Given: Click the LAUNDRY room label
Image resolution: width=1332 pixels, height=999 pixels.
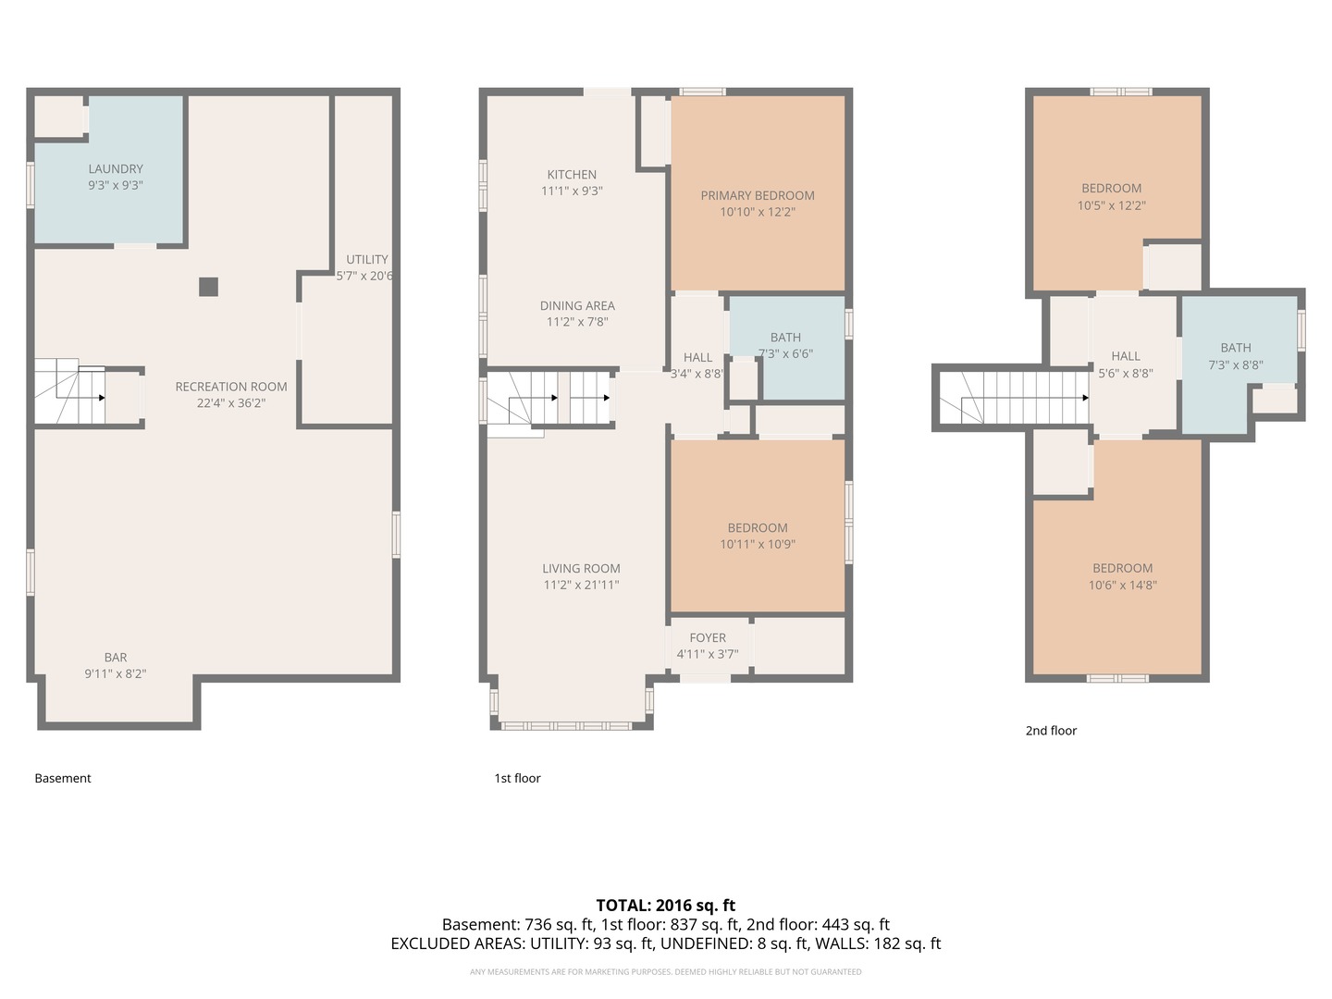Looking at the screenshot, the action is (116, 168).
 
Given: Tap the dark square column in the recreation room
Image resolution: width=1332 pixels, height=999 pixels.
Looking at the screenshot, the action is (208, 287).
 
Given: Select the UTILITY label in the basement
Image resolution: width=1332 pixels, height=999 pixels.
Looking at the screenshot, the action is (366, 260).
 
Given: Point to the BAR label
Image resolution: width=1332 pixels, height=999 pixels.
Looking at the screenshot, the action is (116, 658).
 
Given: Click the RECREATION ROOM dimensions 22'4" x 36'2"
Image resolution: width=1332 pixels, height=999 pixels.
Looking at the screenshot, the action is (230, 402).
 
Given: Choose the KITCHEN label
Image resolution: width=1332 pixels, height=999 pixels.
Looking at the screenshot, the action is (572, 175).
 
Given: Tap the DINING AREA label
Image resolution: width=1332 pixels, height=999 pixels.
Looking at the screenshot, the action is (577, 305).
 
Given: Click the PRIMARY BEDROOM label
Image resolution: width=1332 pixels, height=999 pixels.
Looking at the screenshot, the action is (758, 195).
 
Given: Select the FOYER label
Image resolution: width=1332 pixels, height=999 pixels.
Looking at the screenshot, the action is (708, 637).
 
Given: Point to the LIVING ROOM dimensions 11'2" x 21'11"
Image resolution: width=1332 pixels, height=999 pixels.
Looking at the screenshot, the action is (581, 585).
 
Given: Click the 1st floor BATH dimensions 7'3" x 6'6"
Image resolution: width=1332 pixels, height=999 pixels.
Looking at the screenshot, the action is (785, 353).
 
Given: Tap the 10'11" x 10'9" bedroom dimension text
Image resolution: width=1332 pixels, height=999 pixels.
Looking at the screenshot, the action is (758, 544).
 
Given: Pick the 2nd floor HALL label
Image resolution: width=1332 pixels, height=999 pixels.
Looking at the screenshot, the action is (1125, 356).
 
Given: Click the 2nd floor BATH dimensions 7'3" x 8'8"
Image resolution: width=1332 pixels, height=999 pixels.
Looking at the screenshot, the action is (1236, 364).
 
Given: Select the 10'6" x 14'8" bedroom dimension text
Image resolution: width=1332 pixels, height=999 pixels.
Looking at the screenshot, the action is (1122, 586).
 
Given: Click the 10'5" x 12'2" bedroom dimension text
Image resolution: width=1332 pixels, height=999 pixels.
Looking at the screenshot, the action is (1111, 205).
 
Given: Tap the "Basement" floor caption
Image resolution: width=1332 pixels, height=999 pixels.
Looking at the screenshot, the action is (63, 778).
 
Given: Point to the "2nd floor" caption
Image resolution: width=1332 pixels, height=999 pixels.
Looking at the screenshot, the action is (1051, 731).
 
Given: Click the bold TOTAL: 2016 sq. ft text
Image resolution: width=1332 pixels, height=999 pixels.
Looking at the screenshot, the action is (666, 905).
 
